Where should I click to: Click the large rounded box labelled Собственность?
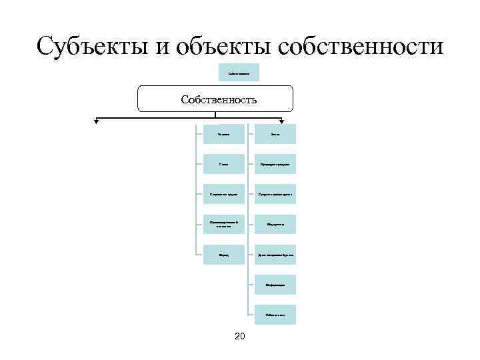(x=215, y=99)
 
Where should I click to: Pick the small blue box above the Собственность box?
(x=239, y=73)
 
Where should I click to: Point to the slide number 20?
(x=239, y=335)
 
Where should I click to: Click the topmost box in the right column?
(x=275, y=134)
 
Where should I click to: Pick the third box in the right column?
(x=275, y=194)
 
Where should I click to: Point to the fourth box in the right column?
(x=275, y=224)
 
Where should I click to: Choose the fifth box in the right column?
(x=275, y=255)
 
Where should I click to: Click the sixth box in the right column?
(x=275, y=285)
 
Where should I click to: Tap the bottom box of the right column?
(x=275, y=315)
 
